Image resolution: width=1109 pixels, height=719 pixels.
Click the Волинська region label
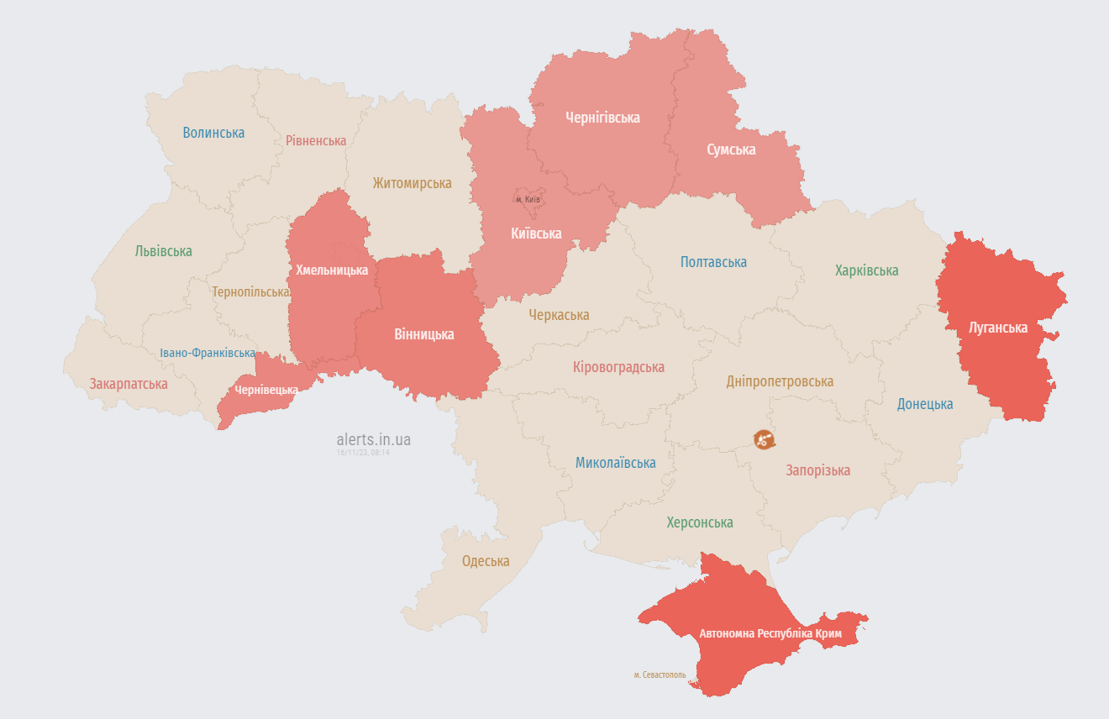pos(213,133)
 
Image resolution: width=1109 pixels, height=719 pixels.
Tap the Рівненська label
pos(316,140)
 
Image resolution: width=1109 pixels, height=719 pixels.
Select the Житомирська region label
pos(412,182)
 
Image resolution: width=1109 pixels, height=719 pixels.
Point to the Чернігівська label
pos(602,118)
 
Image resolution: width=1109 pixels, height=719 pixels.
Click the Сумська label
pos(730,150)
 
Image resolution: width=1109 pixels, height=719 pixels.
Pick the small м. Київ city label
pos(528,199)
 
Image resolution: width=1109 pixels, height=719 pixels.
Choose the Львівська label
pos(163,251)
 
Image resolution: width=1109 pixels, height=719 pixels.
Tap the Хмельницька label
pos(332,270)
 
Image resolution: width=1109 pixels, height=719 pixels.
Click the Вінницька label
pos(423,334)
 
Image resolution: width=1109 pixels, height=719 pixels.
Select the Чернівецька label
pos(266,390)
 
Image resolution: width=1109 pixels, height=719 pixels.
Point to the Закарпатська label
pos(129,384)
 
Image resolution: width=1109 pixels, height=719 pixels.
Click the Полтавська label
pos(713,262)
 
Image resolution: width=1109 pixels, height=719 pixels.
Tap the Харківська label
pos(866,270)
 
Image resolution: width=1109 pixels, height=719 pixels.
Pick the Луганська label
pos(998,328)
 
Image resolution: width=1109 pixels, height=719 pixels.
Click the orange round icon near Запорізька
pos(764,439)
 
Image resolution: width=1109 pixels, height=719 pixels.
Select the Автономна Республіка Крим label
pos(770,633)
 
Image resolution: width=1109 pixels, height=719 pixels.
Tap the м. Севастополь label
pos(660,674)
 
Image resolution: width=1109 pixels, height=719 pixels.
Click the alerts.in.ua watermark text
pos(373,439)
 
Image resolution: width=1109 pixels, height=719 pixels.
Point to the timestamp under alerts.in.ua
pos(363,453)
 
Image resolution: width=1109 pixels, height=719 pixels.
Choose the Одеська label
pos(486,561)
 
